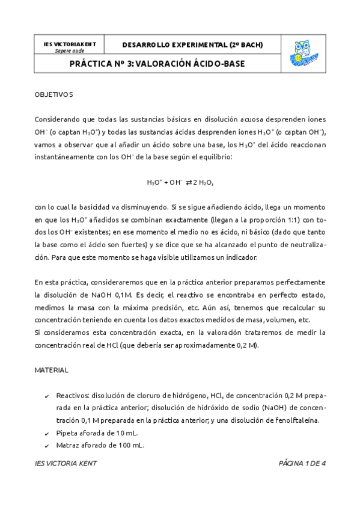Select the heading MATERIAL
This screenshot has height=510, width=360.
(x=51, y=370)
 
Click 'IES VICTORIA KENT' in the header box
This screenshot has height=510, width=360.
(x=69, y=45)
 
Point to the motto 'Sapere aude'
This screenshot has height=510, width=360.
(x=69, y=51)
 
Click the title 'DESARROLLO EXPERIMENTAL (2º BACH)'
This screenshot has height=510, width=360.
(x=192, y=45)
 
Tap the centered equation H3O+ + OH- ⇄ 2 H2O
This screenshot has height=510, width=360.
(x=180, y=182)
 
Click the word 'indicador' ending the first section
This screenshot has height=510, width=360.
(x=241, y=257)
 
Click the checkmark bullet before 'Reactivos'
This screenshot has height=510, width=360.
(x=47, y=396)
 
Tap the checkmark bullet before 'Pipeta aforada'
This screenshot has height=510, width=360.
(x=47, y=434)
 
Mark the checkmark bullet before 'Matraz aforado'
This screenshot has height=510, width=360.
(x=47, y=446)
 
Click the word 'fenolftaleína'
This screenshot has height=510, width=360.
(x=297, y=420)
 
